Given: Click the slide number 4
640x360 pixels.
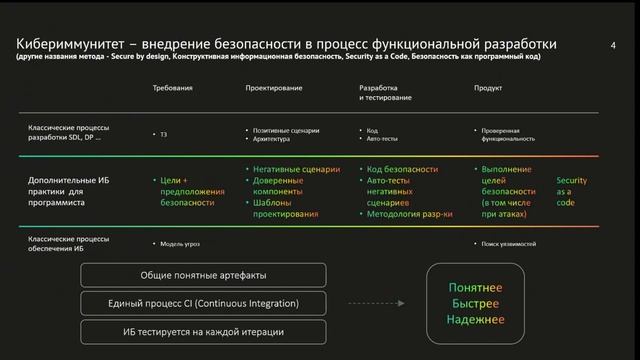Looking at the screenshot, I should (x=612, y=45).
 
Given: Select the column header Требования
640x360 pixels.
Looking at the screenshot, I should (x=172, y=88).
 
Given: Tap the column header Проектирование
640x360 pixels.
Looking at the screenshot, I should (x=274, y=88).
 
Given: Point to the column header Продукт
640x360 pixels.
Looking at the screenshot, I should (x=487, y=88).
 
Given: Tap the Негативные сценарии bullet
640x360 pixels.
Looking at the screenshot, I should (x=297, y=169).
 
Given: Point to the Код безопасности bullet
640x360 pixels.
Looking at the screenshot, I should (x=402, y=169).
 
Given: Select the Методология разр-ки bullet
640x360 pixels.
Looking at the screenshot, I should (x=410, y=213).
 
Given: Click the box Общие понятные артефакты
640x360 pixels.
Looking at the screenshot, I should (x=203, y=275).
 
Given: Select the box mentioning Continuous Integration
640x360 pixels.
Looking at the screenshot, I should (x=203, y=301).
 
